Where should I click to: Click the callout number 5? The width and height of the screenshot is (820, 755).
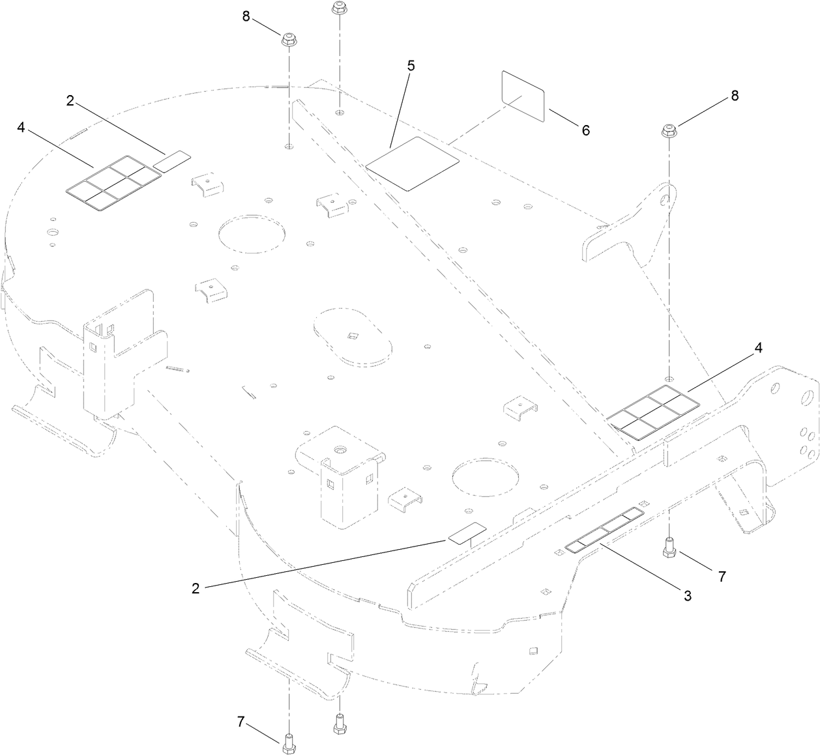pyautogui.click(x=411, y=66)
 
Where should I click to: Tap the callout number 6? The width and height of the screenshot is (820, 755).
pyautogui.click(x=585, y=130)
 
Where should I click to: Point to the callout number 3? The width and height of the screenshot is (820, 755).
pyautogui.click(x=688, y=595)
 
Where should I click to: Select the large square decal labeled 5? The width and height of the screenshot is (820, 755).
pyautogui.click(x=412, y=164)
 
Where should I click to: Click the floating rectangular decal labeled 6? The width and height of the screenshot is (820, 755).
pyautogui.click(x=523, y=95)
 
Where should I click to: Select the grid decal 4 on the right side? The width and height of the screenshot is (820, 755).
pyautogui.click(x=652, y=412)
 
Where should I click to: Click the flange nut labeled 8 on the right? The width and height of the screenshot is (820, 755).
pyautogui.click(x=669, y=130)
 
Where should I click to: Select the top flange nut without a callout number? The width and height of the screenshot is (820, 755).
pyautogui.click(x=338, y=8)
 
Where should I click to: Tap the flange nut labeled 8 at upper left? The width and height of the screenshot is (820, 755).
pyautogui.click(x=288, y=39)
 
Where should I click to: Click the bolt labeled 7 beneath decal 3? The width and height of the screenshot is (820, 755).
pyautogui.click(x=669, y=547)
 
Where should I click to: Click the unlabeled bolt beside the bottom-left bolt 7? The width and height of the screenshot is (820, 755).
pyautogui.click(x=338, y=724)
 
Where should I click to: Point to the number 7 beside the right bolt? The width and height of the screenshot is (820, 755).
pyautogui.click(x=721, y=576)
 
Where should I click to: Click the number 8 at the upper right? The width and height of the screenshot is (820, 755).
pyautogui.click(x=735, y=96)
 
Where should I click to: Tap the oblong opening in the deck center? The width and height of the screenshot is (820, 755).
pyautogui.click(x=353, y=336)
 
